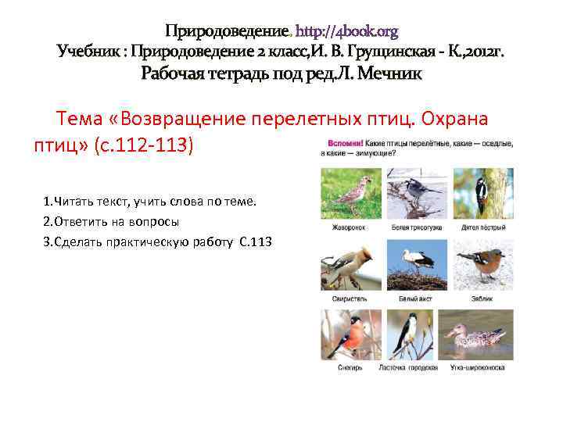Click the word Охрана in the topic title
(x=455, y=120)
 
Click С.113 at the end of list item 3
(x=256, y=241)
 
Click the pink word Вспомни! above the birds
(x=342, y=144)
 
